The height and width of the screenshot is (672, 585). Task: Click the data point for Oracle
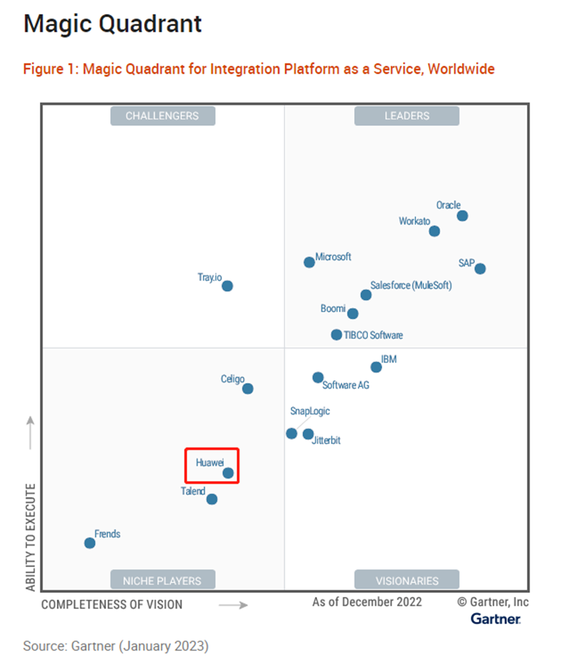point(463,216)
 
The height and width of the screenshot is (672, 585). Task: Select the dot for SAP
point(480,269)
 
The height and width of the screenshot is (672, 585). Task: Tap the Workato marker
point(435,231)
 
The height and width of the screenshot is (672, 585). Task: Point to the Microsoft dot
point(309,262)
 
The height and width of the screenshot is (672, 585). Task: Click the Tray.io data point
point(227,286)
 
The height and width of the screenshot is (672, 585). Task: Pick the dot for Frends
point(89,543)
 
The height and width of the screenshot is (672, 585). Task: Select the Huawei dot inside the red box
point(229,473)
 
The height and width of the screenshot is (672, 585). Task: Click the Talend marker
point(212,499)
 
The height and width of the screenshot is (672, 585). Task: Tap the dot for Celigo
point(248,388)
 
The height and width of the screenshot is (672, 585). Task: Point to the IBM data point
point(376,367)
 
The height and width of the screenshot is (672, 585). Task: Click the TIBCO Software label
point(373,335)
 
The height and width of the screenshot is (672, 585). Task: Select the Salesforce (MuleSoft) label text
point(411,286)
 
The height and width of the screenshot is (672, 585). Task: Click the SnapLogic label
point(310,411)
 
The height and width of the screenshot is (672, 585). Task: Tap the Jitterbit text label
point(326,441)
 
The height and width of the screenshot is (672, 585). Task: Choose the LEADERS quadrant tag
point(406,116)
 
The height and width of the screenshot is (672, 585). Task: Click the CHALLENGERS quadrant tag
point(162,116)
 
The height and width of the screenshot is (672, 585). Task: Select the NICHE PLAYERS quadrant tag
point(162,580)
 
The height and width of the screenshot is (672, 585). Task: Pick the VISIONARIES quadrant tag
point(406,580)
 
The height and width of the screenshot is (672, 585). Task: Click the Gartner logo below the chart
point(496,619)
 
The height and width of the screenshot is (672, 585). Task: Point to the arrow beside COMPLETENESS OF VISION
point(233,604)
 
